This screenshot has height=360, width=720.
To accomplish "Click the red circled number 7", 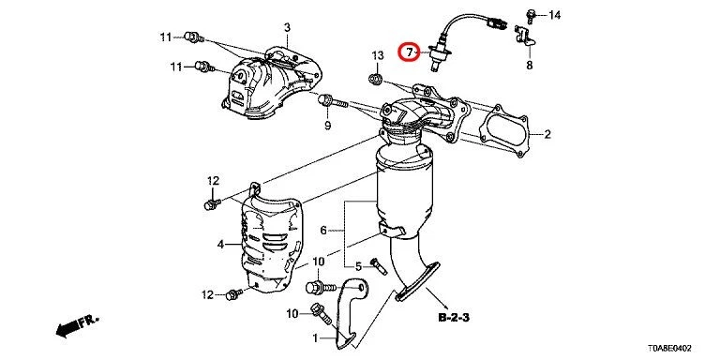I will (x=408, y=52).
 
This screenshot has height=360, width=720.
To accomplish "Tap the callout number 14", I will (x=554, y=15).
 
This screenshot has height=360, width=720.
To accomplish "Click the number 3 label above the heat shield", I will (x=288, y=26).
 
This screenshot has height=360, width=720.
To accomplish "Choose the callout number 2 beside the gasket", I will (x=547, y=135).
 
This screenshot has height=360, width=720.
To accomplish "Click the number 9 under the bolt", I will (x=328, y=125).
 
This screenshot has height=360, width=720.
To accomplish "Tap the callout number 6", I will (x=323, y=230).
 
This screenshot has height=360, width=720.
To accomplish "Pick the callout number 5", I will (x=358, y=267).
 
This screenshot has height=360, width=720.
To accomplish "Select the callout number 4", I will (x=221, y=245).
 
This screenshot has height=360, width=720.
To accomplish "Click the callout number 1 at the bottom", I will (x=316, y=337).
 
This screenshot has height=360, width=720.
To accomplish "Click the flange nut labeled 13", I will (x=376, y=79).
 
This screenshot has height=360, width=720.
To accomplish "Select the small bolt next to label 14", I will (x=532, y=13).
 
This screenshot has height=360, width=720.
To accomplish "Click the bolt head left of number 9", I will (x=327, y=99).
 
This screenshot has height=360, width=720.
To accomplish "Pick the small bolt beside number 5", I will (x=377, y=266).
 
